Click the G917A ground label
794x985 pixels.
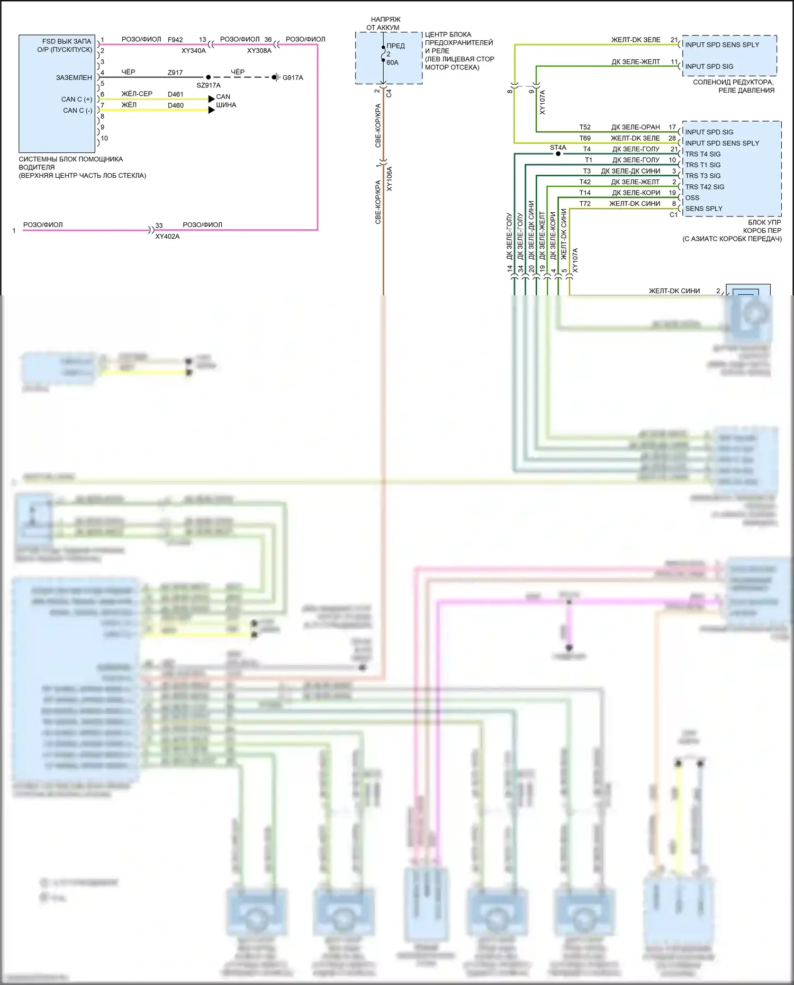(292, 78)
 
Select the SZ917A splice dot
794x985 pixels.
(208, 77)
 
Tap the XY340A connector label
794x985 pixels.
(193, 51)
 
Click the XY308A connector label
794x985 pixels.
(259, 51)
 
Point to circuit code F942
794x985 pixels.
(175, 40)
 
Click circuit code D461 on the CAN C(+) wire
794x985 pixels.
(175, 95)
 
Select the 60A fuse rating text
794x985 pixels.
(392, 62)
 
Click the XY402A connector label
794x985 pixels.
(167, 237)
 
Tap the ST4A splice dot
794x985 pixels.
(558, 154)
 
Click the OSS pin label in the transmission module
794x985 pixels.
(692, 198)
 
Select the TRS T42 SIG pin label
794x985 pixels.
(704, 187)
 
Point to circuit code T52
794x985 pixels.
(584, 127)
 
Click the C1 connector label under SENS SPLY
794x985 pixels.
(673, 215)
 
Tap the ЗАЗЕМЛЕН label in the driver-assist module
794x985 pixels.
(74, 78)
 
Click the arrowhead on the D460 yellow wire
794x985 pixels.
(211, 110)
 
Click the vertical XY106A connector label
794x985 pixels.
(390, 178)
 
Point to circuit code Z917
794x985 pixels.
(175, 73)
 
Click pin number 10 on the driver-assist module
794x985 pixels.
(104, 138)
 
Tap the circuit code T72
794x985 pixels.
(584, 204)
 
